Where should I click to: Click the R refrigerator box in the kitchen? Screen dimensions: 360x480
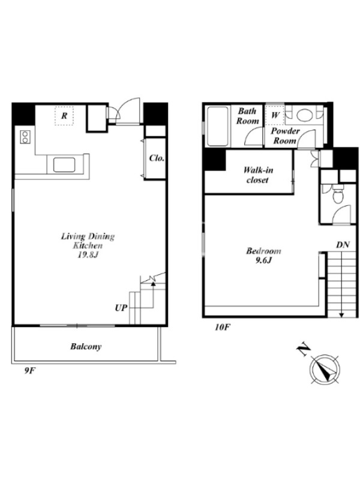(64, 116)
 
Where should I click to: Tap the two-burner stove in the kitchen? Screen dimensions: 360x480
(25, 137)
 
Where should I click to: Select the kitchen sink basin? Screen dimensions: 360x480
(64, 164)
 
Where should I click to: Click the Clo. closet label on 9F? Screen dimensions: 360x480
(157, 158)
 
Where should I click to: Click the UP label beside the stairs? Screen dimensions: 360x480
(121, 308)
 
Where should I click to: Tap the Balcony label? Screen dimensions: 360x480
(86, 347)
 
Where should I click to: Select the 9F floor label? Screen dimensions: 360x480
(31, 371)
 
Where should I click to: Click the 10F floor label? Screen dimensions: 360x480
(222, 327)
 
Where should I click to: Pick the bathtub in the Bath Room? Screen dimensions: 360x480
(217, 127)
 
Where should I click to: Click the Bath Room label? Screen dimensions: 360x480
(247, 116)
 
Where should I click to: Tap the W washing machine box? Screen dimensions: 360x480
(275, 115)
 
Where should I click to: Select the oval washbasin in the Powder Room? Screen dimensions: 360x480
(305, 115)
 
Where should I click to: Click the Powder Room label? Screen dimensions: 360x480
(285, 136)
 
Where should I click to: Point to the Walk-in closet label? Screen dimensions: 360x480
(258, 175)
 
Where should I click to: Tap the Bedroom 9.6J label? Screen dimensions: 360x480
(263, 256)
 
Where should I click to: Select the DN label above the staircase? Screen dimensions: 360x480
(343, 245)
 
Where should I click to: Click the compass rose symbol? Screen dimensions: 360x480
(325, 370)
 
